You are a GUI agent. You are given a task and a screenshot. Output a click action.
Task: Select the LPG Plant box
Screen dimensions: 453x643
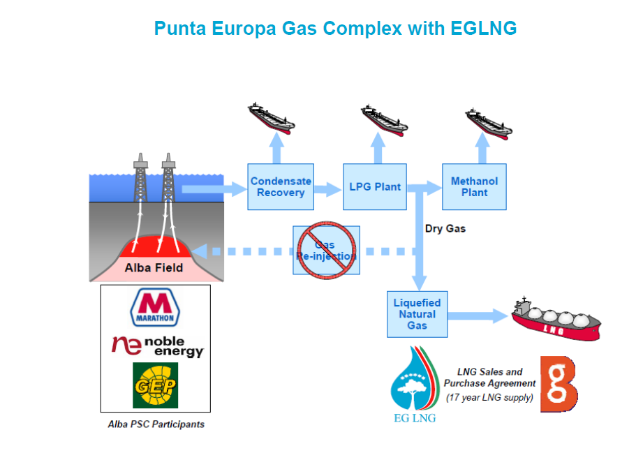pos(375,186)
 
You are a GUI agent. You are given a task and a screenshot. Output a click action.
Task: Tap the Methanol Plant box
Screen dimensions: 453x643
pos(474,186)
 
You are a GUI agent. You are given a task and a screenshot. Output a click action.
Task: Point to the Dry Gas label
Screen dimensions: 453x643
pos(445,228)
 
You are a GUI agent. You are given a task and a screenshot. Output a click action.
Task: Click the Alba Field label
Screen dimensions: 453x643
pos(154,267)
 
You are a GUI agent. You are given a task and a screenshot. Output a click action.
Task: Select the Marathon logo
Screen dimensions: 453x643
pos(155,307)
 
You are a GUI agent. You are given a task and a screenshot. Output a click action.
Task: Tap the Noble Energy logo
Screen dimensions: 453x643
pos(158,344)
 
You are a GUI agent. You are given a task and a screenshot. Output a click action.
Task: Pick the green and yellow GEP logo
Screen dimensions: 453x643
pos(155,385)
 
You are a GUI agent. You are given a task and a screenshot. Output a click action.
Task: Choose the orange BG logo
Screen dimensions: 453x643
pos(559,385)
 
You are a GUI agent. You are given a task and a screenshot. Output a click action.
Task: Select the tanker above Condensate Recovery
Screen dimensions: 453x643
pos(271,117)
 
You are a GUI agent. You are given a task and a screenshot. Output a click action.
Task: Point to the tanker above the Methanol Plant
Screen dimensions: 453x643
pos(489,121)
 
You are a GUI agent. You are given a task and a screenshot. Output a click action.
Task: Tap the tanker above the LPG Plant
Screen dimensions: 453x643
pos(384,119)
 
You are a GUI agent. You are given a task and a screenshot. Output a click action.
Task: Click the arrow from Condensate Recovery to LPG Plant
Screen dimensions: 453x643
pos(327,188)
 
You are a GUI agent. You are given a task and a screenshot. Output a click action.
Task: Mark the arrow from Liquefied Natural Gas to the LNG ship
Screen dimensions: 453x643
pos(478,315)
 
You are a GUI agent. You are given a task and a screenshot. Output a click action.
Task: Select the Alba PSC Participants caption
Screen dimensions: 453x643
pos(156,424)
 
